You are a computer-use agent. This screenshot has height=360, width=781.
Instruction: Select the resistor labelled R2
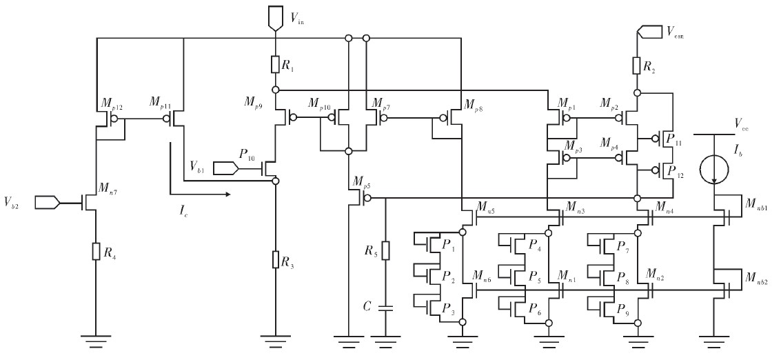pyautogui.click(x=638, y=66)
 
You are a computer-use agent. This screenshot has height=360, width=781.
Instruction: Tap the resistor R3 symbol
pyautogui.click(x=274, y=260)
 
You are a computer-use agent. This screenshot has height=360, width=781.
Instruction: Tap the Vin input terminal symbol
pyautogui.click(x=275, y=19)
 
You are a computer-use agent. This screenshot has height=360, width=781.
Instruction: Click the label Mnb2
pyautogui.click(x=757, y=277)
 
